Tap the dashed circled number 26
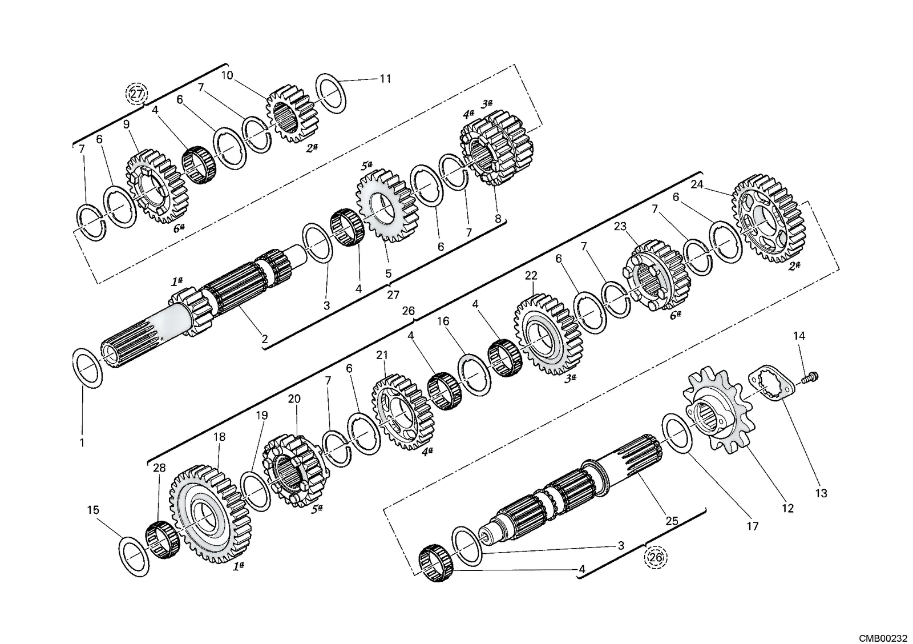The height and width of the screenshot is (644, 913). (x=656, y=558)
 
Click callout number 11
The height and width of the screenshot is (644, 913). (x=385, y=78)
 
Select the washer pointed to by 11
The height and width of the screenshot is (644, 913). (x=331, y=94)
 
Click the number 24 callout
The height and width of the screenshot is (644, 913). (x=697, y=184)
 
